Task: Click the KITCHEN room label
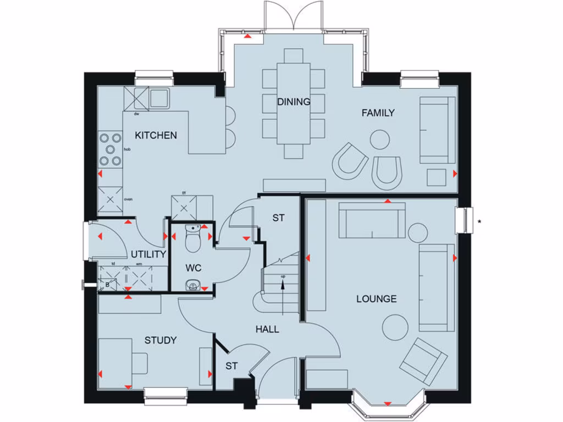(156, 135)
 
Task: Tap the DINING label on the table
(294, 102)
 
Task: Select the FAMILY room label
(378, 113)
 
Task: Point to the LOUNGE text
(376, 299)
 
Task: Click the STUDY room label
(161, 340)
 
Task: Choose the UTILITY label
(148, 254)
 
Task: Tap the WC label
(194, 268)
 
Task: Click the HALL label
(267, 330)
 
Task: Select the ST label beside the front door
(231, 366)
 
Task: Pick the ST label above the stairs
(278, 218)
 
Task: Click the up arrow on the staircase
(283, 286)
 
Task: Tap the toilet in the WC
(193, 240)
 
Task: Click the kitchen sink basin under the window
(159, 98)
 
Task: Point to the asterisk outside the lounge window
(480, 222)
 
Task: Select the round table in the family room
(380, 140)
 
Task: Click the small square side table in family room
(438, 177)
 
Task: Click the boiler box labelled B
(107, 284)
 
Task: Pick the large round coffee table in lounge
(396, 327)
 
